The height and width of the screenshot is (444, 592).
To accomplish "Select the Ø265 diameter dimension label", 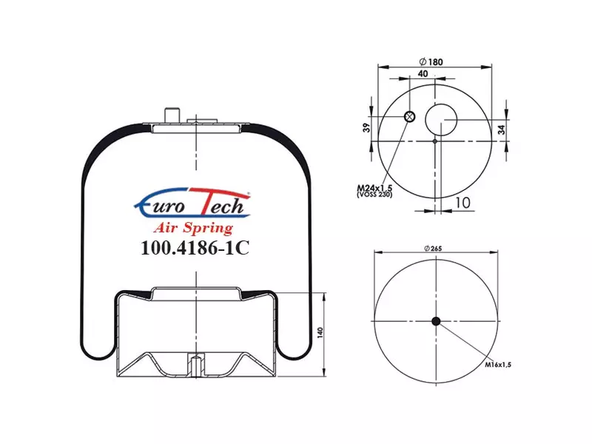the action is click(433, 249).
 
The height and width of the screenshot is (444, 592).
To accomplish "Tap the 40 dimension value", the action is click(423, 73).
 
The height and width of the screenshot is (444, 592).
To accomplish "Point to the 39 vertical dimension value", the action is click(366, 128).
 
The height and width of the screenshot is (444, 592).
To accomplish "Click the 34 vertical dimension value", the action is click(501, 130).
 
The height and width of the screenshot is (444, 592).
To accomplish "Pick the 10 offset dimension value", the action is click(462, 203).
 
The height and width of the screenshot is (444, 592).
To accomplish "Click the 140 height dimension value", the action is click(320, 332).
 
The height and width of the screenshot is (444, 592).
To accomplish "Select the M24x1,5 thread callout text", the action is click(375, 187).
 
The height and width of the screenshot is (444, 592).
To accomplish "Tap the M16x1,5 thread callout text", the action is click(498, 365).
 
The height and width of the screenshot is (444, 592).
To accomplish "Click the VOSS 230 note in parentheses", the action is click(374, 195).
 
